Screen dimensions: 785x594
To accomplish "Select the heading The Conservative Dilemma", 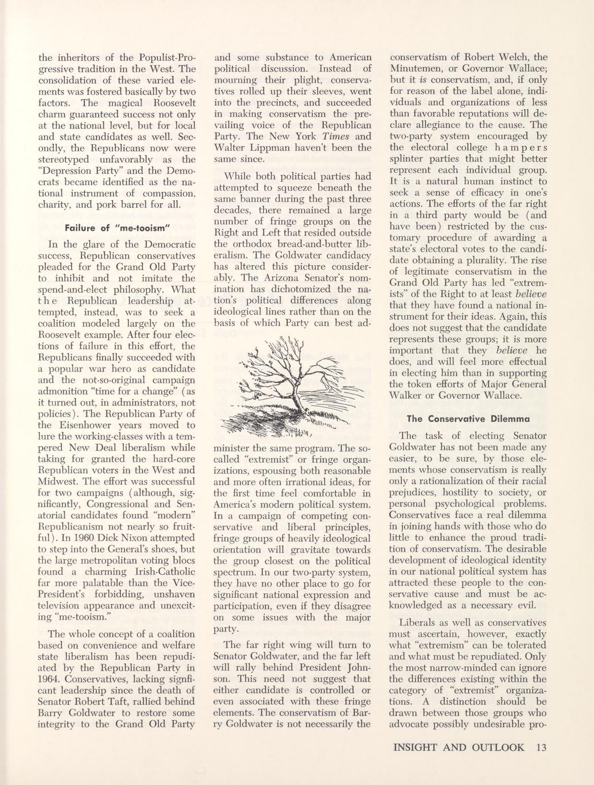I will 468,419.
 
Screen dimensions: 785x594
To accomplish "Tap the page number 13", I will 540,747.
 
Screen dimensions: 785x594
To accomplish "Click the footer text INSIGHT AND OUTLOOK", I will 458,747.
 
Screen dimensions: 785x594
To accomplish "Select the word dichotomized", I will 291,289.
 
